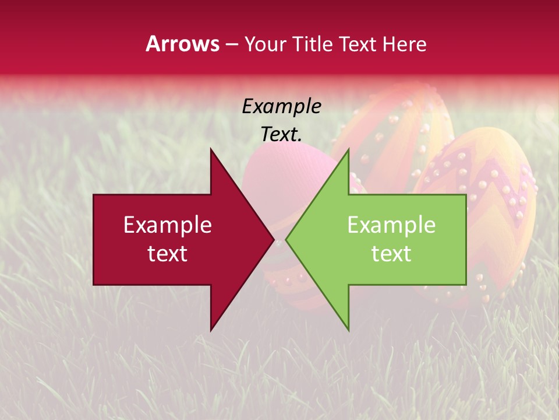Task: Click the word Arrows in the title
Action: pos(182,44)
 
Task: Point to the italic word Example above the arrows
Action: pos(281,106)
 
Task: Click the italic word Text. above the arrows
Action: pos(281,134)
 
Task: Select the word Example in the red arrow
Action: pos(168,225)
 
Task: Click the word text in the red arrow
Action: pos(168,253)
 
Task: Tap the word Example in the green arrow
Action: pos(391,225)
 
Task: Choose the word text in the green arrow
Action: pos(391,253)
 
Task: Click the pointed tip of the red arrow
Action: pos(274,240)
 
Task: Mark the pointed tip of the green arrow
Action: pos(286,240)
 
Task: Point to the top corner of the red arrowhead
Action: pos(211,149)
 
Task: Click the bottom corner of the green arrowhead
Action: pos(348,330)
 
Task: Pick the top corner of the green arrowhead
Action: pos(348,150)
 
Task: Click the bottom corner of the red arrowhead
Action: pos(211,330)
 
